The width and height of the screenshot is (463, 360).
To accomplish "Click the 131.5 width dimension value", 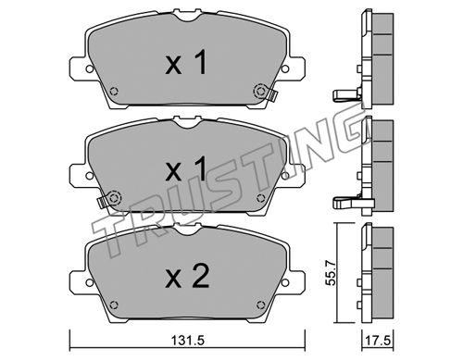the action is (x=188, y=341).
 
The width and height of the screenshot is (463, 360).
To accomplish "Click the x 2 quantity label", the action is (x=187, y=277).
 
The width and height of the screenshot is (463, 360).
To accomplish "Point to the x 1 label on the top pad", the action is (x=186, y=63).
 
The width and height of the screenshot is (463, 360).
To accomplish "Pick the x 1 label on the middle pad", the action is (x=186, y=168).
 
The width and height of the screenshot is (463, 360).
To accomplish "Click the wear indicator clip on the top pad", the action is (x=272, y=95).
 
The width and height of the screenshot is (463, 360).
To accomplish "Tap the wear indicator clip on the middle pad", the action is (x=102, y=202).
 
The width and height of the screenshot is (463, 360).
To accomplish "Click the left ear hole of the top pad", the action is (x=90, y=69).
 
